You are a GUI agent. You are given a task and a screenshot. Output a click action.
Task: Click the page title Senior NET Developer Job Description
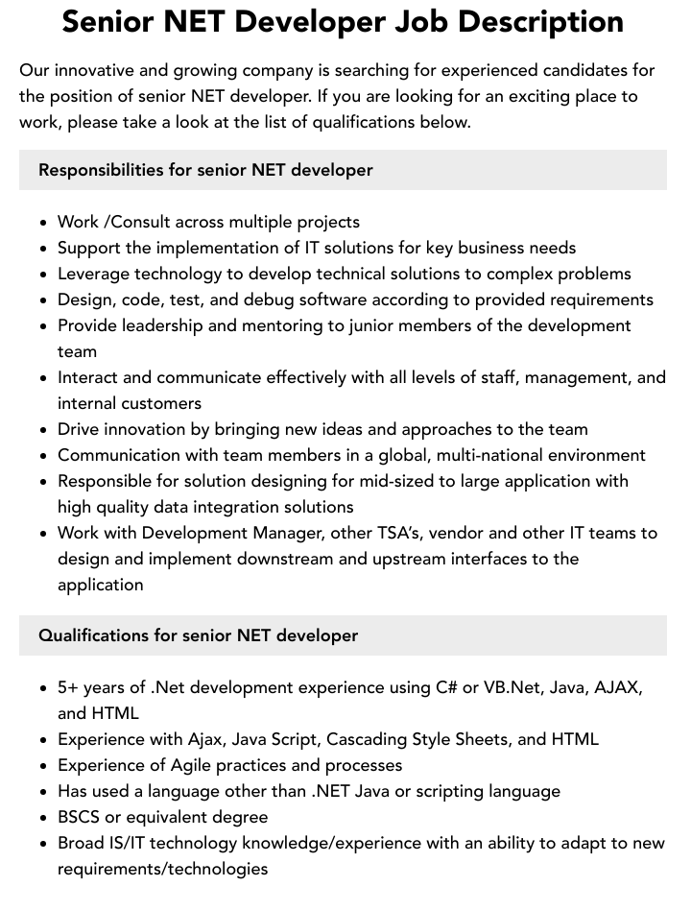coord(343,21)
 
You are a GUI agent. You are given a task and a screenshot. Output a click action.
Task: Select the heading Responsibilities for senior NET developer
coord(205,170)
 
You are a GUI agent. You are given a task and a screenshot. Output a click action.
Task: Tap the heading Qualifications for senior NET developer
coord(198,635)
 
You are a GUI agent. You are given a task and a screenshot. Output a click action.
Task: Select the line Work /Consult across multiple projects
coord(208,222)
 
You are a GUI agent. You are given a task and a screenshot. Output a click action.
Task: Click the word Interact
coord(89,377)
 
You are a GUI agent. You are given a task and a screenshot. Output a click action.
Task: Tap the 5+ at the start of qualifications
coord(68,687)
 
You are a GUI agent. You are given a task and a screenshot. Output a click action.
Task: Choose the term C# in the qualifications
coord(446,687)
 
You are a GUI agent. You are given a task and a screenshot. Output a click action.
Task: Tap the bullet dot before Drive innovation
coord(44,430)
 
